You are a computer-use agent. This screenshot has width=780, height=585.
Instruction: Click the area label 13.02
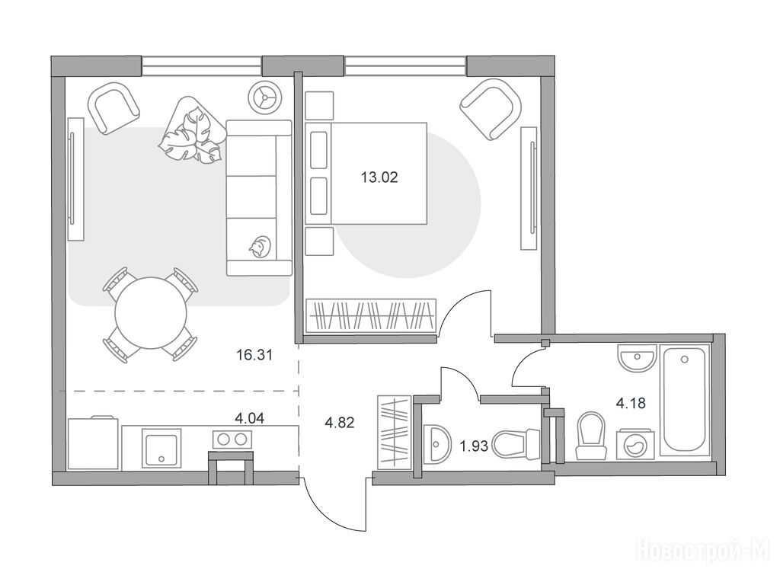(379, 177)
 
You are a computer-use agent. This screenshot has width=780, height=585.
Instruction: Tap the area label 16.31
(254, 355)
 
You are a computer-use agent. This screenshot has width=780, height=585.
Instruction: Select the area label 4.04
(249, 418)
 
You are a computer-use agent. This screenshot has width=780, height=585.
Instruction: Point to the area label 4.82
(339, 423)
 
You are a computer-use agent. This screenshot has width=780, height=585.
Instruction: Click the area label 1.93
(474, 446)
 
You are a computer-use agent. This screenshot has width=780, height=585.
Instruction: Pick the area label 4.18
(631, 402)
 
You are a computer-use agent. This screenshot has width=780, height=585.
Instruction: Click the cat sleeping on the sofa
(260, 246)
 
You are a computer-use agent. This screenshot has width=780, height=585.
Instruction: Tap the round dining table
(151, 313)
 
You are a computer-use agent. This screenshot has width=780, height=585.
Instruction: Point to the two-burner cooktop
(232, 439)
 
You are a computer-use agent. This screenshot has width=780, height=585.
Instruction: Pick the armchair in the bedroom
(491, 110)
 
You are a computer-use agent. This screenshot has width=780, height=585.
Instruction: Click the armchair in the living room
(113, 108)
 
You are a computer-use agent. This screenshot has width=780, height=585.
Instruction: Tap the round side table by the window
(265, 97)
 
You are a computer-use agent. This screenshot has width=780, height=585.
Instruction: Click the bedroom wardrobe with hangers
(371, 315)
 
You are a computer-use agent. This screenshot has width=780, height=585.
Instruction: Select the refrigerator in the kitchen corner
(94, 443)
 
